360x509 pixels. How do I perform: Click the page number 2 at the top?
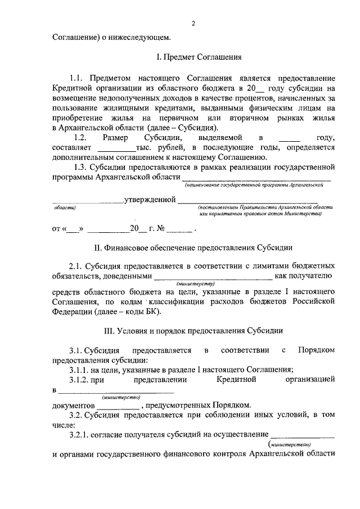pyautogui.click(x=193, y=23)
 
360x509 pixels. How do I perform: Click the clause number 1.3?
pyautogui.click(x=83, y=167)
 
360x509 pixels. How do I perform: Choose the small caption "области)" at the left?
pyautogui.click(x=64, y=208)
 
